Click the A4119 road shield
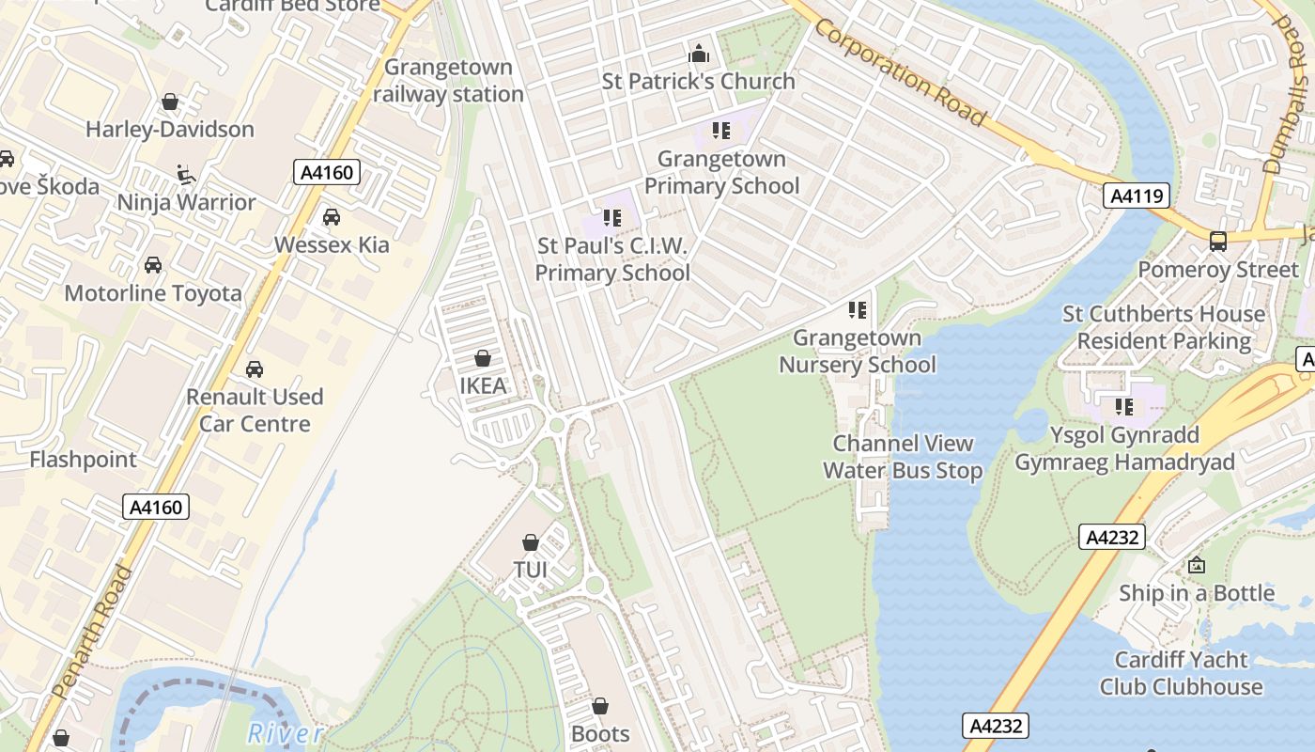click(1137, 196)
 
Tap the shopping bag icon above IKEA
click(483, 358)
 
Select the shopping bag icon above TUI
click(531, 542)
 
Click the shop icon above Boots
click(600, 706)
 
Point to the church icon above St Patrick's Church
click(699, 54)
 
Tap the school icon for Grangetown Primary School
click(721, 131)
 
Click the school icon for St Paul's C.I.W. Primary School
click(612, 219)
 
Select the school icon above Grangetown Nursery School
click(857, 309)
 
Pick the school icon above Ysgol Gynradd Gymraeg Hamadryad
click(1123, 407)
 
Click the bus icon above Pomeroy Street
click(1218, 242)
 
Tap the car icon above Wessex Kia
click(332, 217)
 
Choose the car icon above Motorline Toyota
click(153, 265)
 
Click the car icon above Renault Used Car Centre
click(254, 368)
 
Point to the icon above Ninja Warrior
click(186, 174)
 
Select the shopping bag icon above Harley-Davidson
click(170, 102)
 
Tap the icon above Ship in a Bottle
click(1197, 565)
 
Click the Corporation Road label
click(900, 72)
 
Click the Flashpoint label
click(84, 460)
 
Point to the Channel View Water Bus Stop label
click(904, 457)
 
